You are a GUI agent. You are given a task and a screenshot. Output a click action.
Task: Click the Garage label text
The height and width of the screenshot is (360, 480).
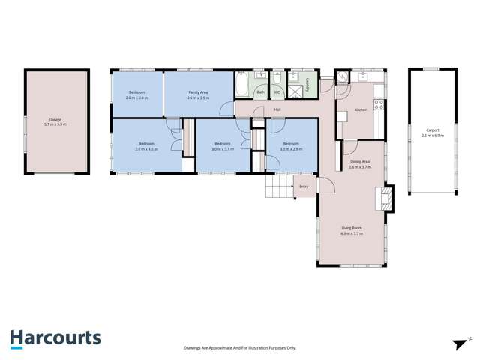55,119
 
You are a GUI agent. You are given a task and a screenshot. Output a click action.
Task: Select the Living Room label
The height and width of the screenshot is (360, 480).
351,228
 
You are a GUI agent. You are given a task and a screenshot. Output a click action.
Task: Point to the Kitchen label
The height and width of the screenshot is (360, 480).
360,109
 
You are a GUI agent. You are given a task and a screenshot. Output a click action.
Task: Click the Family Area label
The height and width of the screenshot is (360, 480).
198,92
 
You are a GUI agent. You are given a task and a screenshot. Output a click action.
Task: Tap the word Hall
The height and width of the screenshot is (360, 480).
277,109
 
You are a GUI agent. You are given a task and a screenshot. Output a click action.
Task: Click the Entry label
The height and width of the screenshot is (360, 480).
304,186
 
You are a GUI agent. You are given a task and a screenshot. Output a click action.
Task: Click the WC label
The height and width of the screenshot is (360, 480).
277,92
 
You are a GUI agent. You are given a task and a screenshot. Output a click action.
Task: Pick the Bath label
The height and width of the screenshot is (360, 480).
260,92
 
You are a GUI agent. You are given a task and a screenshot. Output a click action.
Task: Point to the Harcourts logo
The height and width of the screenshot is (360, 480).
55,338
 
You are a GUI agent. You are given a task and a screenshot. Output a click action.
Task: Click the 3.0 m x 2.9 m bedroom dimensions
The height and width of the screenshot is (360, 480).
291,148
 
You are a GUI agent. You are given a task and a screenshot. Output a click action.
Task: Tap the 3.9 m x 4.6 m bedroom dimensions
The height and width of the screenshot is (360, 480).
146,148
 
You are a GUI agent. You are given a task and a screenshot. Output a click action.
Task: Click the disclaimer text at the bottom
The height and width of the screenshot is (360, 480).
240,348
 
